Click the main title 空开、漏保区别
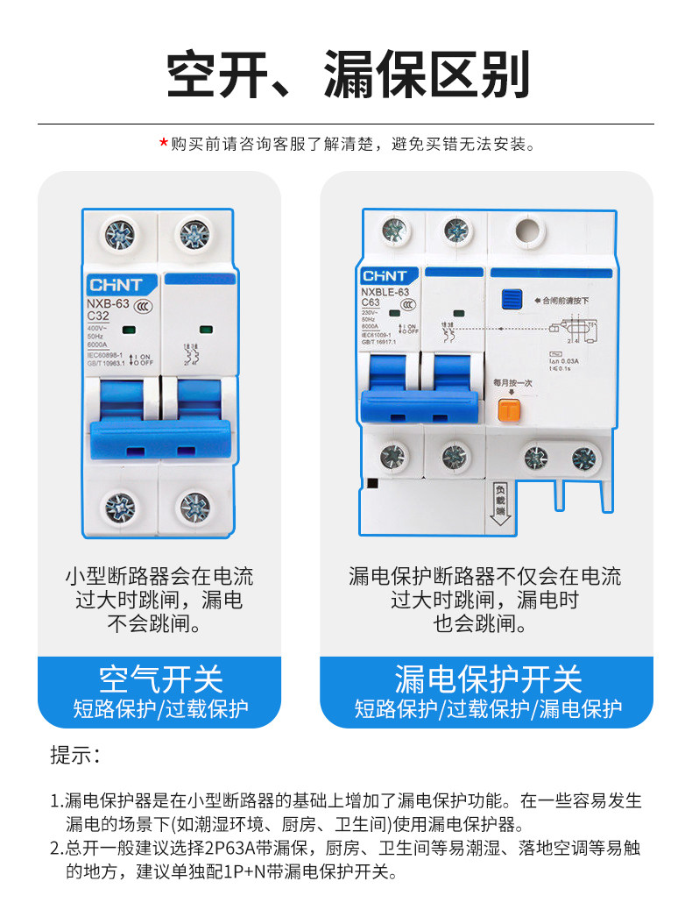tap(348, 75)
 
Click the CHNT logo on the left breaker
tap(121, 285)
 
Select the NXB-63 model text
tap(108, 304)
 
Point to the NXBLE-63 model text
tap(386, 291)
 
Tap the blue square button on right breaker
tap(510, 301)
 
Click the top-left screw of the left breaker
tap(120, 234)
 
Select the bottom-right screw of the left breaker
tap(195, 507)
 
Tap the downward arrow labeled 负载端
tap(500, 505)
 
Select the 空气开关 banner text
tap(160, 679)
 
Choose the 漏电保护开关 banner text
tap(488, 679)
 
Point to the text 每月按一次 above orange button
tap(512, 382)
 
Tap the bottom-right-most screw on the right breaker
tap(584, 458)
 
